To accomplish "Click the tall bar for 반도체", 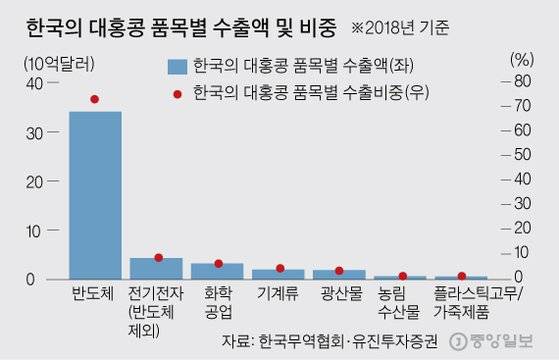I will [x=95, y=195].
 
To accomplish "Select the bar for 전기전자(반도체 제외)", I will [x=157, y=268].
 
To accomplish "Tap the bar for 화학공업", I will [x=218, y=271].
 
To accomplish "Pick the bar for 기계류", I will [x=278, y=273].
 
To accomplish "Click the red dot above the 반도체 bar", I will [x=95, y=99].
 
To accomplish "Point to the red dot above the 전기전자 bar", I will [x=158, y=257].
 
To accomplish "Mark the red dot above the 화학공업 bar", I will [x=218, y=263].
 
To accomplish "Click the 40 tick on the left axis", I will [x=40, y=85].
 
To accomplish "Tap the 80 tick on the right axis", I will [x=520, y=81].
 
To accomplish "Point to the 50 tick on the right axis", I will [x=520, y=155].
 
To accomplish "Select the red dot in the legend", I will [x=177, y=93].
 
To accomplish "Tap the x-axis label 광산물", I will [x=339, y=296].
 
